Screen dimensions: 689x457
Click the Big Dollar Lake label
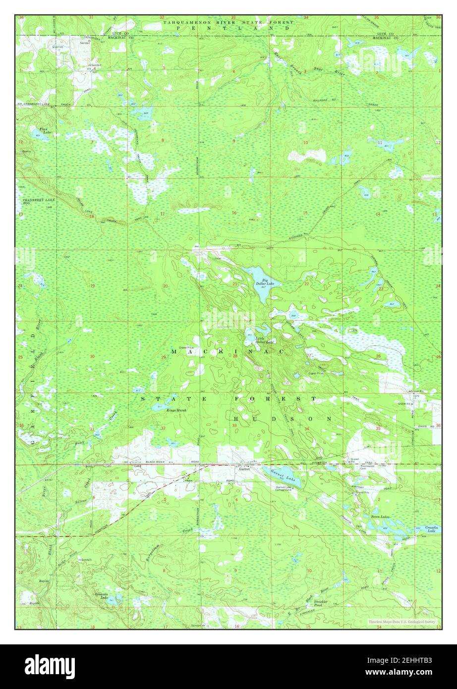click(x=261, y=282)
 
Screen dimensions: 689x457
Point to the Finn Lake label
click(x=47, y=130)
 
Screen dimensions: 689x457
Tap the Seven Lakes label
click(x=380, y=517)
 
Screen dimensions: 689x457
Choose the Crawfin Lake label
click(x=432, y=529)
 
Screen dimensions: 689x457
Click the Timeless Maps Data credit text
click(x=401, y=621)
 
